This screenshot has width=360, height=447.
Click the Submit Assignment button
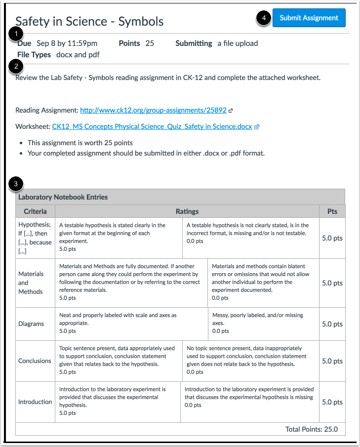(309, 18)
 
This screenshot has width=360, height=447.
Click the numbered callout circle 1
(17, 34)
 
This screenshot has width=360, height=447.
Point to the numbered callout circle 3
(17, 184)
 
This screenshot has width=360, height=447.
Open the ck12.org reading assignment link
(153, 111)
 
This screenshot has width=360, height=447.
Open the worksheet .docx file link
(152, 126)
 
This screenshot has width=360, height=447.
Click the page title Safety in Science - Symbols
(89, 22)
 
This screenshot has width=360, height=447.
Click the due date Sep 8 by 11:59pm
(67, 43)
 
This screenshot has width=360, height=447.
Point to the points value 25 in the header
(150, 43)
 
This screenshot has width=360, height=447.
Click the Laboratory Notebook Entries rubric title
(63, 197)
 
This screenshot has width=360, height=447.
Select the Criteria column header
(35, 211)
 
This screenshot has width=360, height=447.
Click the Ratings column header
(187, 211)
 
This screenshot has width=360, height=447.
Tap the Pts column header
(332, 211)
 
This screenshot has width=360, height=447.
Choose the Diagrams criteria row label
(31, 324)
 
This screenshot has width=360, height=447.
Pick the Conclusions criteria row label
(35, 361)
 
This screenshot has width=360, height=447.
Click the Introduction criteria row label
(35, 402)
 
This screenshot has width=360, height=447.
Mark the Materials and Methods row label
(31, 283)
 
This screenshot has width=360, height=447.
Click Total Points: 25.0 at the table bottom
(311, 429)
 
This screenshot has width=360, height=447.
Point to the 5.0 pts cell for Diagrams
(332, 324)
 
